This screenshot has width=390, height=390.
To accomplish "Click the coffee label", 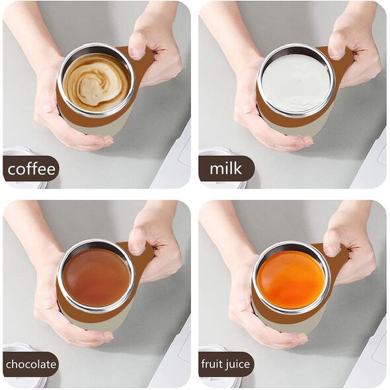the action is coord(31,169).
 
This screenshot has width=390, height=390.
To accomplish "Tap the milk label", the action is coord(226,169).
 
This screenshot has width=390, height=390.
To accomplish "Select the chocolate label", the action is coord(31,365).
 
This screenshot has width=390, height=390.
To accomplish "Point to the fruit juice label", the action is coord(225,365).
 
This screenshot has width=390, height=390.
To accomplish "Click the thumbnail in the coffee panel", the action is coord(136,52).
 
